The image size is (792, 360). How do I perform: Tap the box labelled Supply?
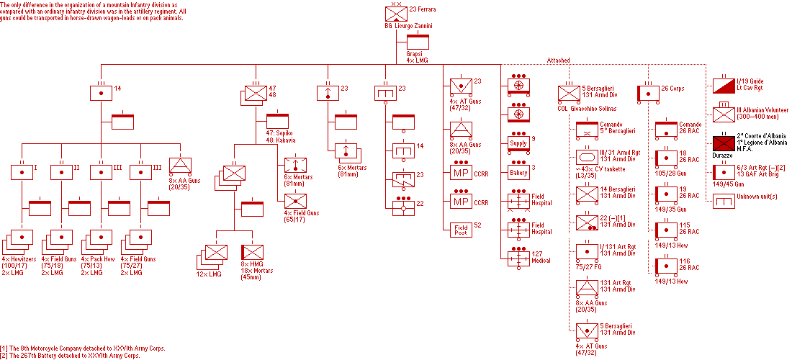(x=518, y=143)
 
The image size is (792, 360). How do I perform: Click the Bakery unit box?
(x=518, y=173)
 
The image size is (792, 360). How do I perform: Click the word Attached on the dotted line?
(x=558, y=60)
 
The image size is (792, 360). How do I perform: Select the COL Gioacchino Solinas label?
(x=588, y=108)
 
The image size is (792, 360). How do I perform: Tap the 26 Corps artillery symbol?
(x=649, y=93)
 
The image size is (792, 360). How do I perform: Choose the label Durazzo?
(x=722, y=154)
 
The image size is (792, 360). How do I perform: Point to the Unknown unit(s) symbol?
(x=722, y=202)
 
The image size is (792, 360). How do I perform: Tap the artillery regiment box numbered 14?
(x=102, y=93)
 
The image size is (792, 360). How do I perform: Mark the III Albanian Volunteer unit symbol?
(x=722, y=114)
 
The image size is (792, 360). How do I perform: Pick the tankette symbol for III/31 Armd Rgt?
(x=588, y=158)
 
